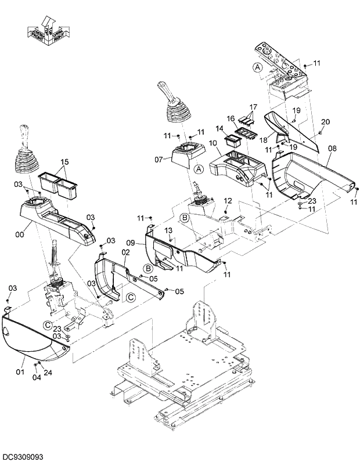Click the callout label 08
[332, 149]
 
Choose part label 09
[131, 243]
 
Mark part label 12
[228, 200]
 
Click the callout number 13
[168, 230]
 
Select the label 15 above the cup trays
[64, 161]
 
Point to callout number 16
[231, 118]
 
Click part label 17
[253, 107]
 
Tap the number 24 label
[48, 373]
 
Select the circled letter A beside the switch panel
[258, 67]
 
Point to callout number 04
[36, 378]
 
